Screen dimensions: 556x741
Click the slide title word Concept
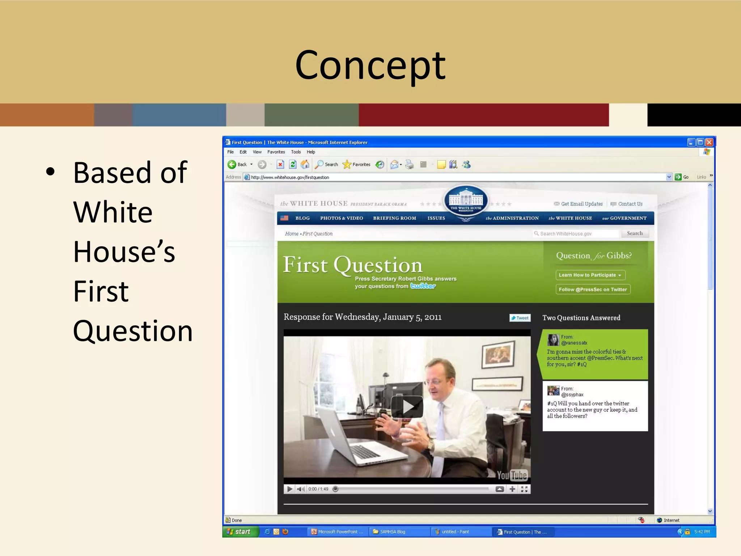click(370, 66)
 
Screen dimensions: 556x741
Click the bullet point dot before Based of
click(51, 172)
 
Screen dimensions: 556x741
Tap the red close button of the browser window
click(709, 142)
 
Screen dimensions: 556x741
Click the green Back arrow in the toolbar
click(232, 164)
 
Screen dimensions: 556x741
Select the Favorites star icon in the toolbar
click(347, 164)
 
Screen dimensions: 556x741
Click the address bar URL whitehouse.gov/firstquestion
click(290, 177)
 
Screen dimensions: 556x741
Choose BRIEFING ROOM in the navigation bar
click(394, 218)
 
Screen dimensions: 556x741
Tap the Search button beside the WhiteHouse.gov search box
click(635, 233)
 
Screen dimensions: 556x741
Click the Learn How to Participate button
click(590, 275)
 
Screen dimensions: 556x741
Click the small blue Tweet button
click(520, 318)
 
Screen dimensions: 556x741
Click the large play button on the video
click(407, 407)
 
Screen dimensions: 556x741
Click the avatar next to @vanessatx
click(553, 340)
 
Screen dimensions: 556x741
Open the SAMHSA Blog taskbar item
click(392, 532)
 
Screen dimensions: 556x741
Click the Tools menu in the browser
click(296, 152)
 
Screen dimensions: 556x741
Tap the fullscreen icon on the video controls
click(524, 489)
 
